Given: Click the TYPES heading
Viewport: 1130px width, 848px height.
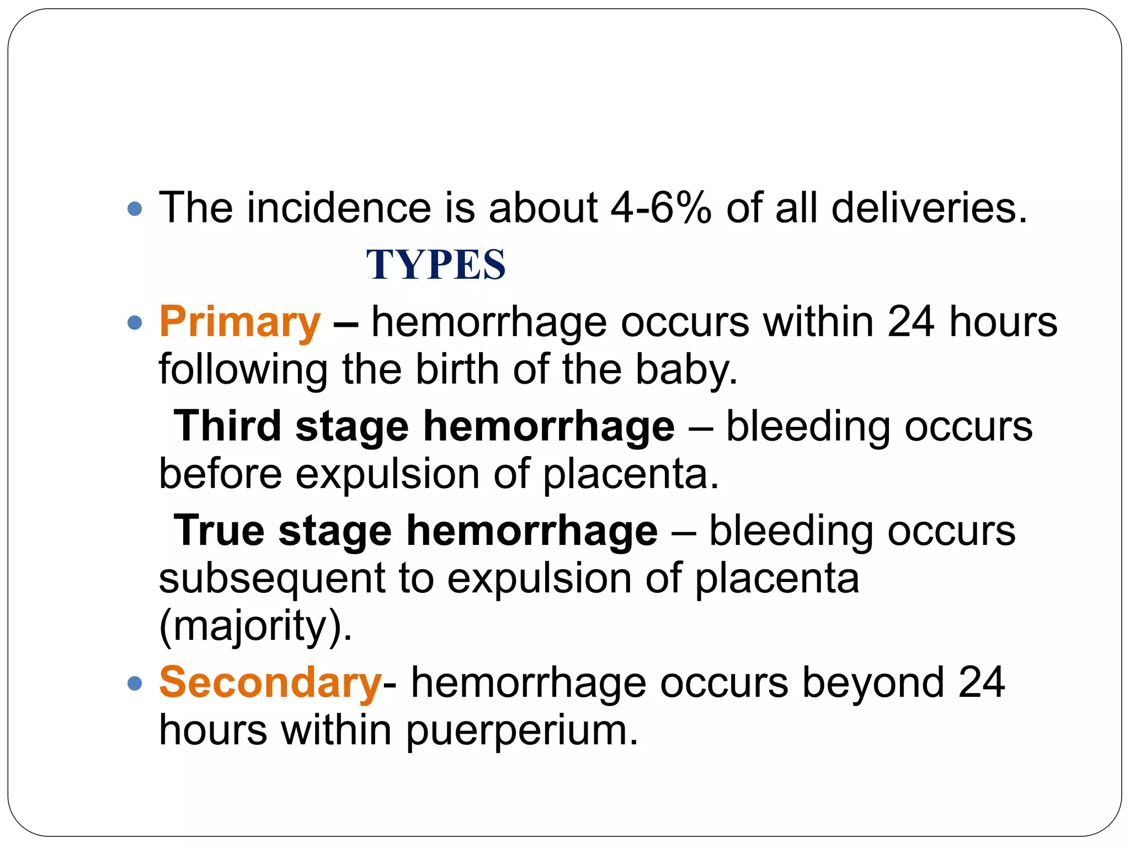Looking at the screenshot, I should pos(435,264).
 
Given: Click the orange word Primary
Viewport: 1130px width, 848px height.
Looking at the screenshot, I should pos(239,322).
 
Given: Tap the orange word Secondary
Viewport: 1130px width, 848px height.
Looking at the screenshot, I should pos(270,683).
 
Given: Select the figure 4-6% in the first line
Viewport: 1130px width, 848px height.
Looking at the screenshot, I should pos(661,208).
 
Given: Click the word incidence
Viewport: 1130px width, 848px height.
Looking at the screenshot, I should pos(339,208).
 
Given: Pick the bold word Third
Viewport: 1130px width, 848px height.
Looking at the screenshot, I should pos(227,426).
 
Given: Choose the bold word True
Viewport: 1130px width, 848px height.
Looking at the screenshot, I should pos(219,531).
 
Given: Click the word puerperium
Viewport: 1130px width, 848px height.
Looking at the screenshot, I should pos(521,730).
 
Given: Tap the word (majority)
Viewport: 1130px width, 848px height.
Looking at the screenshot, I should pos(255,627).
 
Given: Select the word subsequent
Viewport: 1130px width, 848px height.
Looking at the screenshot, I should pos(272,579).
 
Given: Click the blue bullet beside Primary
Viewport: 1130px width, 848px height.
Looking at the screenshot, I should pos(135,322).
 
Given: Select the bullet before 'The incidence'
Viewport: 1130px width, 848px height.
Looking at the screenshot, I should pos(135,209).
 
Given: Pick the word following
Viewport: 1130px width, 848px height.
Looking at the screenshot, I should pos(243,369).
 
